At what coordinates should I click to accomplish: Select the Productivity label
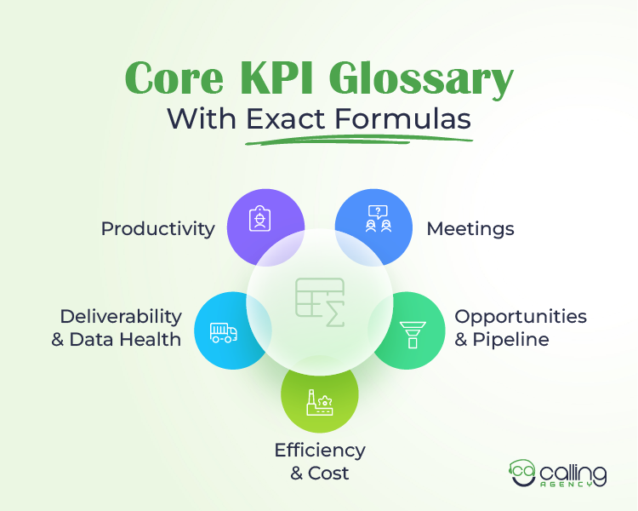[x=157, y=228]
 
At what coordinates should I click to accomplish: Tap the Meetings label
[x=470, y=228]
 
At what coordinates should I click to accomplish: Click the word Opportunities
[x=521, y=316]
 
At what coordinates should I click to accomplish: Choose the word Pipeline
[x=513, y=339]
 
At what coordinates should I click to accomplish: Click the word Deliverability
[x=121, y=316]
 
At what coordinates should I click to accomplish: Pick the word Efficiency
[x=320, y=450]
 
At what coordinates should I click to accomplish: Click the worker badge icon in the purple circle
[x=259, y=221]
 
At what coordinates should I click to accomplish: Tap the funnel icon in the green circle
[x=413, y=333]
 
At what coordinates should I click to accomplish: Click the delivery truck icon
[x=223, y=331]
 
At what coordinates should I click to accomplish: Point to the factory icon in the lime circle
[x=320, y=402]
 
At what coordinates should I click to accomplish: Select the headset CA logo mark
[x=523, y=474]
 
